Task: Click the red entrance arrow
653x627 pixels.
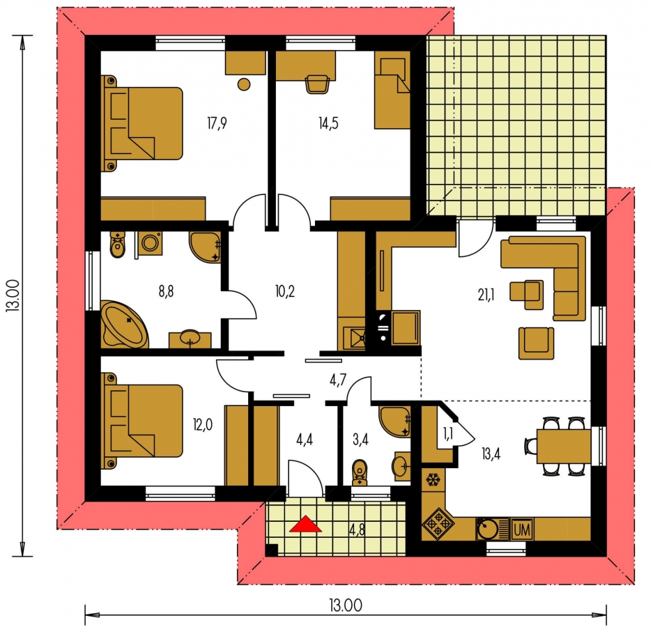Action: tap(306, 525)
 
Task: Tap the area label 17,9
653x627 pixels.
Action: tap(217, 123)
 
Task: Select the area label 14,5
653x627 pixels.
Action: tap(328, 123)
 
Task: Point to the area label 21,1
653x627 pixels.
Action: tap(486, 295)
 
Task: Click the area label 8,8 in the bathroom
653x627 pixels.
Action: tap(166, 291)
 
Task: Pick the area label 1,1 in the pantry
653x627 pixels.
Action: tap(448, 434)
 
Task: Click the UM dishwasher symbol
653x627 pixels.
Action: tap(522, 530)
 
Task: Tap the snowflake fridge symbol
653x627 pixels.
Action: tap(433, 480)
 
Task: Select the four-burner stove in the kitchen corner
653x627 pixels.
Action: tap(438, 523)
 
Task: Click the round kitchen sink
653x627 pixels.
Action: tap(486, 529)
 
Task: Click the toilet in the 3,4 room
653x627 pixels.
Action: tap(360, 472)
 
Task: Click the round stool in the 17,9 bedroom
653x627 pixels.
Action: tap(244, 84)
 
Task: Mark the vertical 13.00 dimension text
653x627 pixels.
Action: tap(13, 295)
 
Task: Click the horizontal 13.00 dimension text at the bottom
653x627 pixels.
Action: tap(346, 605)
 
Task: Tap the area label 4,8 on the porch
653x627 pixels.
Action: tap(358, 532)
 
